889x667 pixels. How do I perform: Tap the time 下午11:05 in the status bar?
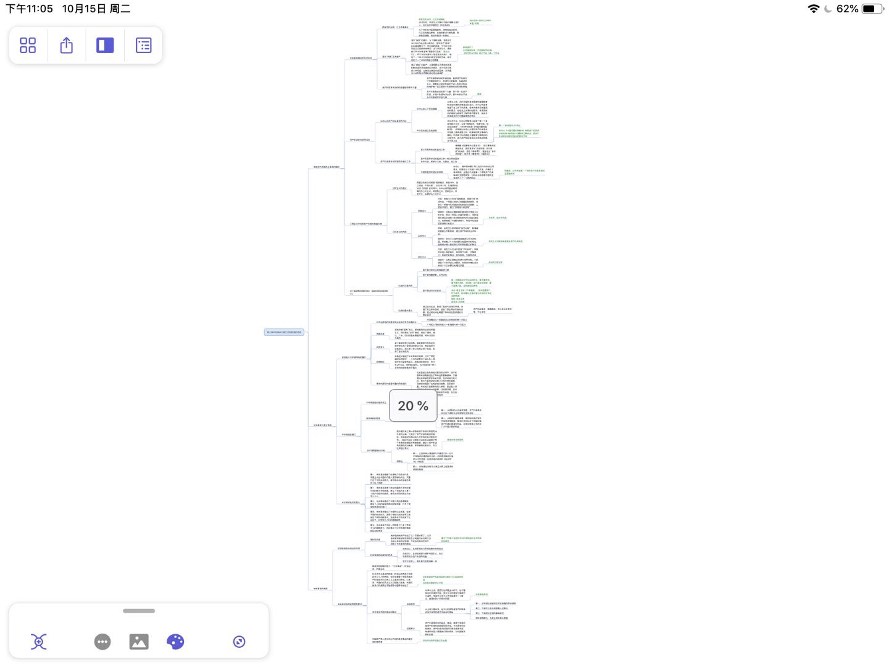point(29,9)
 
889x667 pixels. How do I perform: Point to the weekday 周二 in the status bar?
point(120,9)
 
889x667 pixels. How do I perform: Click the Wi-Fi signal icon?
point(814,9)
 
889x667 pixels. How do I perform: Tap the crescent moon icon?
point(828,9)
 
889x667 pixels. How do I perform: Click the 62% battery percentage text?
point(847,9)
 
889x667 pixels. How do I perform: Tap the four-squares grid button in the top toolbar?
point(28,45)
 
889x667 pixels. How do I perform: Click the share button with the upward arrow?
point(67,45)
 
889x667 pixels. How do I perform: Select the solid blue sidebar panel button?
point(105,45)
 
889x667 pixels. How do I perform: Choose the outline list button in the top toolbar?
point(143,45)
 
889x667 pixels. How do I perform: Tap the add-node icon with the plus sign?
point(38,642)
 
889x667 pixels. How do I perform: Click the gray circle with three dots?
point(102,642)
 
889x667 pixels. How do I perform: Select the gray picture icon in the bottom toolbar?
point(139,642)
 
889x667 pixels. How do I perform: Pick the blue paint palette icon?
point(175,642)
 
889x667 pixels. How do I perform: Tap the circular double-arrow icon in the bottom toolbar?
point(240,642)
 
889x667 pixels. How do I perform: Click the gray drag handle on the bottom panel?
point(139,611)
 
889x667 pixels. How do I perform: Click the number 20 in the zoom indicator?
point(406,406)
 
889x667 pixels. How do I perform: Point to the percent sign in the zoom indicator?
point(423,406)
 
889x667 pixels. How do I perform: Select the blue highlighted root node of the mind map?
point(284,332)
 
